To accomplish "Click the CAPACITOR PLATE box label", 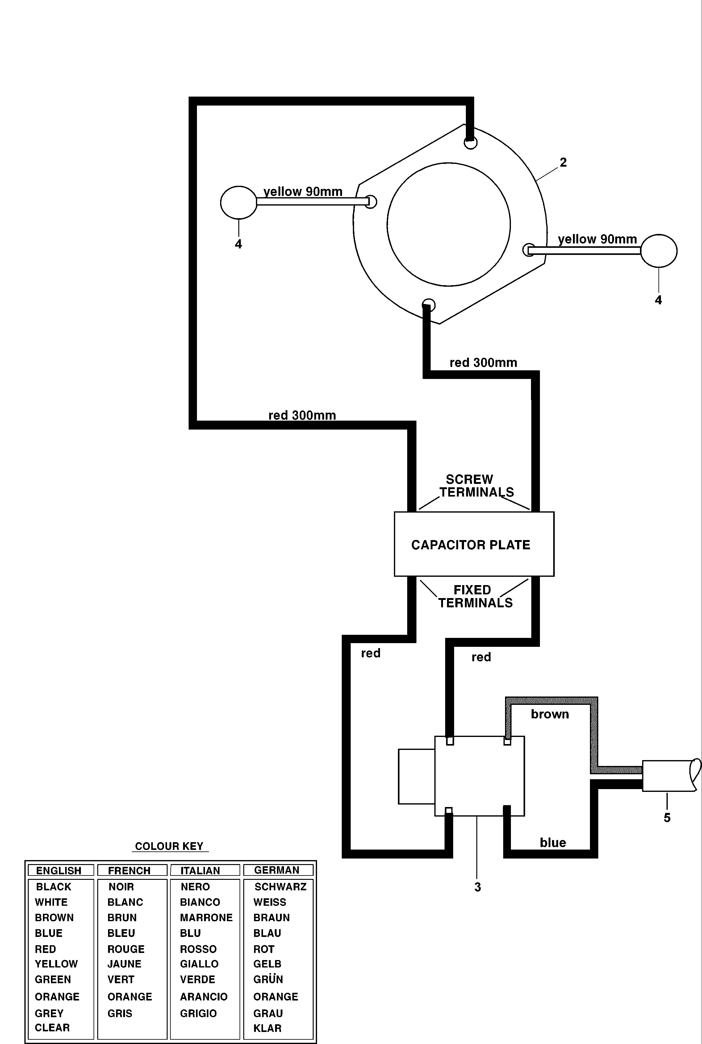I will click(x=470, y=545).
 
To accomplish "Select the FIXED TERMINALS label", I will click(x=474, y=597).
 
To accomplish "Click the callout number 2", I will click(x=563, y=162).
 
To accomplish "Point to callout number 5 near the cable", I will click(x=666, y=817).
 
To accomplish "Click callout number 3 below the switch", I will click(x=477, y=887).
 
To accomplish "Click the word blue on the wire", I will click(x=553, y=842).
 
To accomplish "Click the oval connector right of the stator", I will click(x=658, y=251).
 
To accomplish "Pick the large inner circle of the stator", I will click(x=449, y=224).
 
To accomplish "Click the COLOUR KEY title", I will click(x=169, y=846).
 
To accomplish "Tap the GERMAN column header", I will click(x=277, y=870).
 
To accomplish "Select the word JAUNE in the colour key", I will click(x=124, y=963).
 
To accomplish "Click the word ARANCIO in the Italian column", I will click(x=204, y=996).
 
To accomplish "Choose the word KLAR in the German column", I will click(x=267, y=1028).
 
